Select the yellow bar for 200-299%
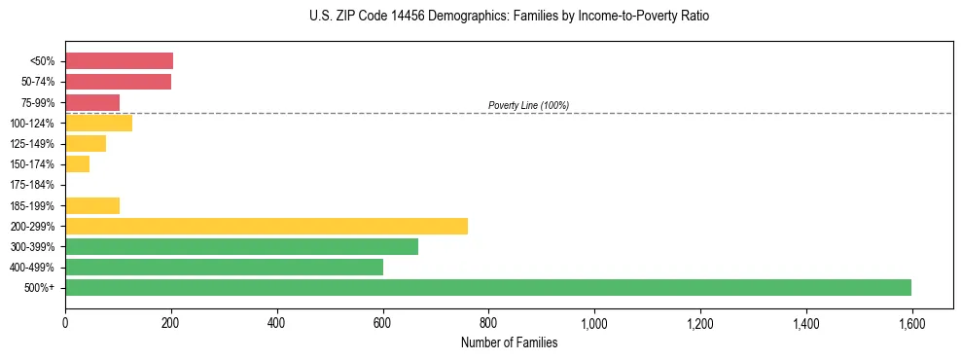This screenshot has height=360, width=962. pos(267,226)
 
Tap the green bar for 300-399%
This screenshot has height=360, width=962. pos(241,246)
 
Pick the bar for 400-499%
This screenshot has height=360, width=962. pos(224,267)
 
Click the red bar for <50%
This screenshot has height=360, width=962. pos(119,61)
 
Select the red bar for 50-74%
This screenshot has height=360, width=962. pos(118,82)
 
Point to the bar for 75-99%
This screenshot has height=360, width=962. pos(92,102)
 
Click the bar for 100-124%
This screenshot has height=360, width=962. pos(98,123)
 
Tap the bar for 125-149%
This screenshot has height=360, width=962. pos(86,144)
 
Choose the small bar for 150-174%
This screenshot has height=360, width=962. pos(77,164)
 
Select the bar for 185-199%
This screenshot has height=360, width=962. pos(92,205)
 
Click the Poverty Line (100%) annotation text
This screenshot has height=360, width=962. pos(528,105)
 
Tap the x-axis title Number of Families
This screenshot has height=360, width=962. pos(509,342)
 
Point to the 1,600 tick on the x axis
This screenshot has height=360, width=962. pos(911,322)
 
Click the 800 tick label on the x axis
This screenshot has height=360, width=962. pos(488,322)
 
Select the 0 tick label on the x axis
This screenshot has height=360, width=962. pos(65,322)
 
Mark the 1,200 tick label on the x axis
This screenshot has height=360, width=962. pos(700,322)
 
